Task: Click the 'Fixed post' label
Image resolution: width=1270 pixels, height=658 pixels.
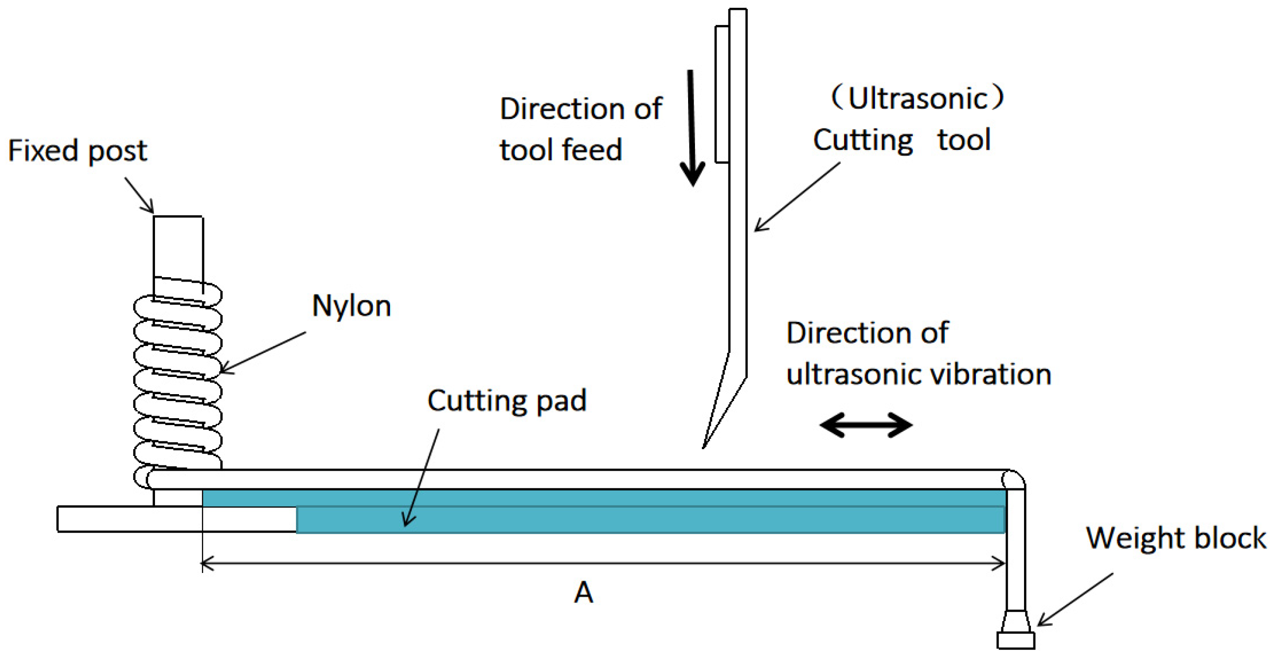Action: [77, 150]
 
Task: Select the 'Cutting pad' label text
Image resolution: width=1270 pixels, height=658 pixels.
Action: [507, 401]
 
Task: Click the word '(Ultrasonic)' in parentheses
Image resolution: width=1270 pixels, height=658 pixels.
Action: [917, 97]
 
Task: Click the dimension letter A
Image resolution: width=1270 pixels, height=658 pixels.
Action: [583, 592]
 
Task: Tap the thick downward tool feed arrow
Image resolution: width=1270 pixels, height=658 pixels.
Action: [692, 128]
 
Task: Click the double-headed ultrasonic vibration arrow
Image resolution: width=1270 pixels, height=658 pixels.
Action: [866, 425]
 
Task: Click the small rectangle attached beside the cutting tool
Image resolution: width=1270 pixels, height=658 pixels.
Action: [722, 93]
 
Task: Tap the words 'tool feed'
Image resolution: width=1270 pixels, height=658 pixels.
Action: [561, 150]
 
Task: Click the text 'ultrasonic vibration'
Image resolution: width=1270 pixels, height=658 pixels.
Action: [918, 374]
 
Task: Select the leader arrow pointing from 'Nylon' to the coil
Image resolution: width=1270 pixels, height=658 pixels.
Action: [263, 352]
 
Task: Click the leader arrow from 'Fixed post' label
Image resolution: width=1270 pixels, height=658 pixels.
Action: [139, 196]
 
